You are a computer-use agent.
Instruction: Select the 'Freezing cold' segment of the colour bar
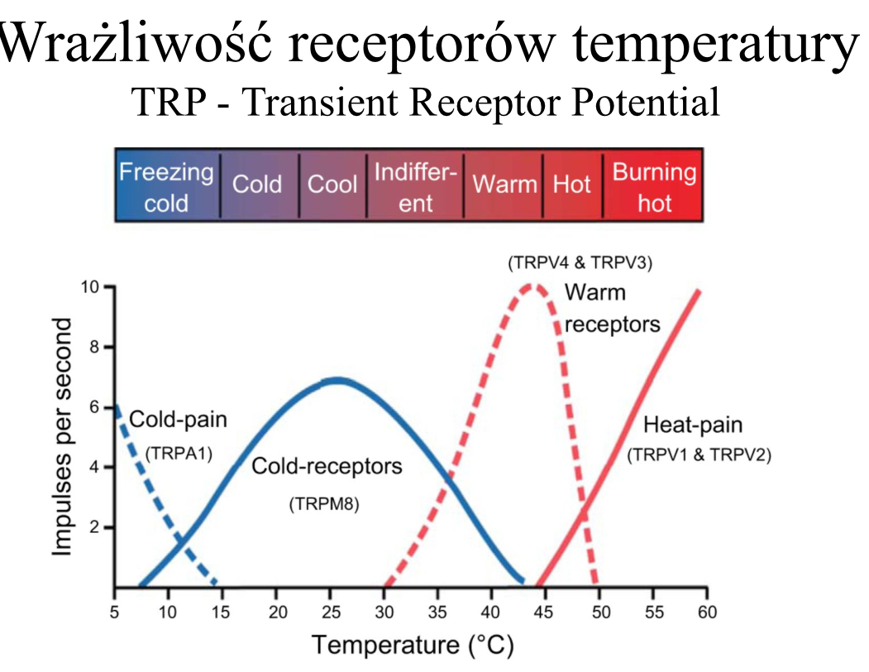[x=166, y=186]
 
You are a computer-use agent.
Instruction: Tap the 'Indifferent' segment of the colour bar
[x=415, y=186]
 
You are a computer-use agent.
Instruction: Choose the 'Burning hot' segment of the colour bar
[x=653, y=186]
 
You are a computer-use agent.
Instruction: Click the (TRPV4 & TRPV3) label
[x=580, y=264]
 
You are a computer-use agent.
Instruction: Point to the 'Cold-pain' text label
[x=178, y=420]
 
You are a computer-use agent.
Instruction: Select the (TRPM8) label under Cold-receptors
[x=323, y=504]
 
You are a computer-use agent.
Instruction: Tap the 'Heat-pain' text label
[x=693, y=425]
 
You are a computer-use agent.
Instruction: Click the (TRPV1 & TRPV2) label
[x=699, y=454]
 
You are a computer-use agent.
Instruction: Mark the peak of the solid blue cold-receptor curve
[x=336, y=381]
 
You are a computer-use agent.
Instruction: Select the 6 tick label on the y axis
[x=94, y=407]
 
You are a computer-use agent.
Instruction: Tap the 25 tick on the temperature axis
[x=330, y=612]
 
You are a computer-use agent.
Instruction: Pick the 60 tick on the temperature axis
[x=707, y=612]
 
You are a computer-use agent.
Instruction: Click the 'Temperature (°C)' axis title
[x=412, y=644]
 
